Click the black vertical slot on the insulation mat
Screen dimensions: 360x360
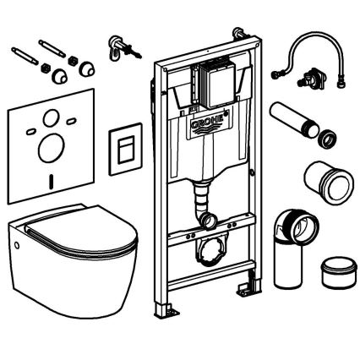pyautogui.click(x=52, y=179)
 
